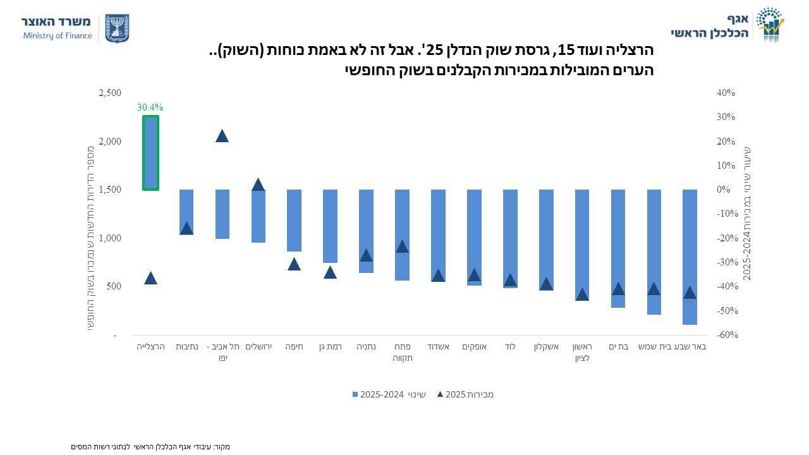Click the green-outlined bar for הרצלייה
point(150,153)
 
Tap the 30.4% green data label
point(150,107)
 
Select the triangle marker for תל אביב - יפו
point(222,136)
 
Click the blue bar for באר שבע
point(690,257)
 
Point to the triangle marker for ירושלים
point(258,185)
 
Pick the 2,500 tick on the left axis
point(110,93)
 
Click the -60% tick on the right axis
point(727,335)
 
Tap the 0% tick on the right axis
point(724,190)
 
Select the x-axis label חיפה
point(294,346)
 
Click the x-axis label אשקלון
point(546,346)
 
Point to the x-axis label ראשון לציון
point(582,352)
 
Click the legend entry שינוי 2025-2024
point(389,394)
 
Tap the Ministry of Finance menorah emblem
point(116,28)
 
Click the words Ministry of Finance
point(58,36)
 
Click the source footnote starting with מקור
point(150,447)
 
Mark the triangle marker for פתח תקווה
point(402,246)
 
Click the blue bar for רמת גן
point(330,226)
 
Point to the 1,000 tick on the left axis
point(110,238)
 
